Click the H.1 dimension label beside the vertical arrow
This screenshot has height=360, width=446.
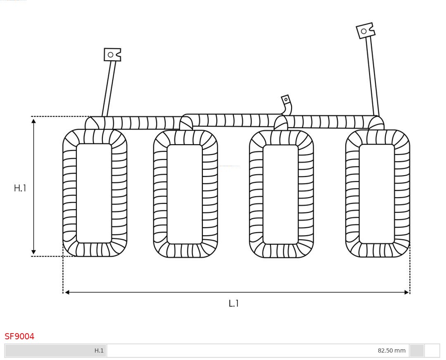[20, 188]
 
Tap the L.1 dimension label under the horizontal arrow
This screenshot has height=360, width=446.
[234, 303]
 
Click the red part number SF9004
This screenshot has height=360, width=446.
[19, 336]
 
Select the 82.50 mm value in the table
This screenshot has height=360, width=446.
[391, 350]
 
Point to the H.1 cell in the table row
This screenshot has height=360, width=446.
[99, 350]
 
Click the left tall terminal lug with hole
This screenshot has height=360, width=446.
[112, 55]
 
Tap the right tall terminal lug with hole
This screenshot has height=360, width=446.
[365, 31]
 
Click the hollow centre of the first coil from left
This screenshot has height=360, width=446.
[94, 193]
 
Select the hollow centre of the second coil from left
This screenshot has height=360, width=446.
[185, 194]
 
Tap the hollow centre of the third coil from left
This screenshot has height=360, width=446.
[280, 194]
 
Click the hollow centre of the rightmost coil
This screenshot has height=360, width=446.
[377, 193]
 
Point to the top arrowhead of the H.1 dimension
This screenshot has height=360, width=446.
[33, 121]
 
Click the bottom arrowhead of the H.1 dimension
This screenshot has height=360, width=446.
[33, 252]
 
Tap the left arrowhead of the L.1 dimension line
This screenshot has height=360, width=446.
[67, 292]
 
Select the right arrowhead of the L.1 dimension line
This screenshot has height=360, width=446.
[406, 292]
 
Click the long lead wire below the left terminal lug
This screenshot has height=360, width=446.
[109, 89]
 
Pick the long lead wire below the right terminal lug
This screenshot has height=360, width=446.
[372, 76]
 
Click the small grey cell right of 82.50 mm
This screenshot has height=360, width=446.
[417, 350]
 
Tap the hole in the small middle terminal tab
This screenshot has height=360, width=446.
[286, 100]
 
